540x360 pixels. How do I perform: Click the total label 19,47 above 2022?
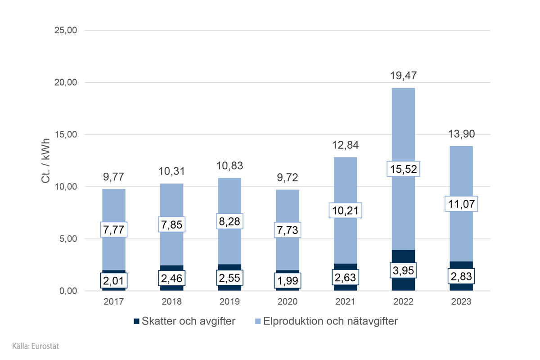403,76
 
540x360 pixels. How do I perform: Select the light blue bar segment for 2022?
403,126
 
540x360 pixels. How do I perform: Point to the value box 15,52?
403,169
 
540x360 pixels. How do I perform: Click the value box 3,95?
403,270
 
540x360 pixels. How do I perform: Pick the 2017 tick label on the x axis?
114,301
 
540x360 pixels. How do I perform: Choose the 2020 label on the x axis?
288,301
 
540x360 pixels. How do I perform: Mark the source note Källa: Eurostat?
36,346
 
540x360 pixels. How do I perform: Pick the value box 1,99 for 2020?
288,281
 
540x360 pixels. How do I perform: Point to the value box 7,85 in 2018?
172,224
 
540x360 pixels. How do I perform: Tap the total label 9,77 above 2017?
114,177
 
